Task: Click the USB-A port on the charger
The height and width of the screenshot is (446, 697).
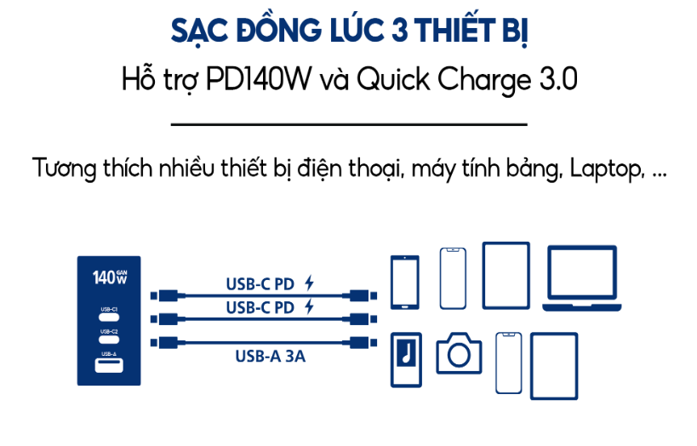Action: [109, 366]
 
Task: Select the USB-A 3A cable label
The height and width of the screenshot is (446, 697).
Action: [270, 357]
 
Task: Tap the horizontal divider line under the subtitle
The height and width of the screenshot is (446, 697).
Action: [349, 124]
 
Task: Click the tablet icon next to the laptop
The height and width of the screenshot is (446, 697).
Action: [508, 275]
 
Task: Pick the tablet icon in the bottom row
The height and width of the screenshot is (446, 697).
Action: [553, 365]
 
